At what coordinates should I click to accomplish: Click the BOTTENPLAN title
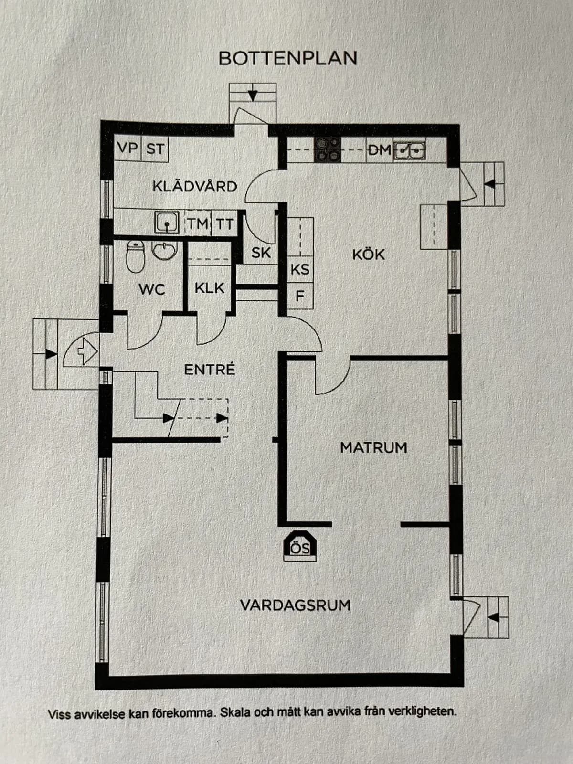(288, 58)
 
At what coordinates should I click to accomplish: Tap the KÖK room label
(368, 254)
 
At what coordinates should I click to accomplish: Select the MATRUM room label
(373, 447)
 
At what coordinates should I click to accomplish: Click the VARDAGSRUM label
(295, 605)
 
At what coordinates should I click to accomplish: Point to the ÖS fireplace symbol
(300, 547)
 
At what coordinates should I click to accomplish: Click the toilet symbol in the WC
(135, 256)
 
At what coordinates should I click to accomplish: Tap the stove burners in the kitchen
(328, 149)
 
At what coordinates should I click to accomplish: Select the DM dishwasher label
(380, 150)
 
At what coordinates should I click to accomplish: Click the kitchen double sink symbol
(410, 150)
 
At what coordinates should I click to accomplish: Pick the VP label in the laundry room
(127, 149)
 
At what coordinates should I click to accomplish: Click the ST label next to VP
(155, 149)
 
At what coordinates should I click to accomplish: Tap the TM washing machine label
(197, 223)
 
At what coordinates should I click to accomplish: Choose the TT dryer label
(224, 223)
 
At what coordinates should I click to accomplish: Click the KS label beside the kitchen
(300, 269)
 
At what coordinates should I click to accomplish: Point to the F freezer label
(300, 297)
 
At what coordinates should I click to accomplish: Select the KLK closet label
(209, 288)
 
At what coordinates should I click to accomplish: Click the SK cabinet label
(261, 253)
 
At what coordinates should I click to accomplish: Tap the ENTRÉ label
(210, 369)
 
